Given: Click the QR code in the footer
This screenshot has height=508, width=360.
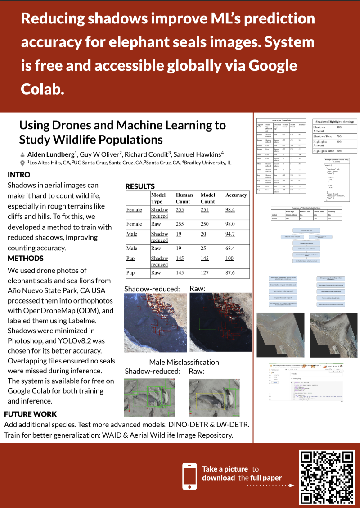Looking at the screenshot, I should pyautogui.click(x=327, y=477).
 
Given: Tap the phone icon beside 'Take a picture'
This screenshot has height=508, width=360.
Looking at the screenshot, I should pyautogui.click(x=189, y=476).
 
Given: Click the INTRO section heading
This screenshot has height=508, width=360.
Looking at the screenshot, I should pyautogui.click(x=19, y=175).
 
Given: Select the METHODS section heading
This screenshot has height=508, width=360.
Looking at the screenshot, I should pyautogui.click(x=26, y=259).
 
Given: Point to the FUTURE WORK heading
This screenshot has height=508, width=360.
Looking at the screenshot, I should pyautogui.click(x=30, y=414).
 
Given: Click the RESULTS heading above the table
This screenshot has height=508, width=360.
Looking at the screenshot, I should pyautogui.click(x=140, y=186).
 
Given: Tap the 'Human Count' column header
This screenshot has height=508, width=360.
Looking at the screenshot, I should pyautogui.click(x=184, y=198).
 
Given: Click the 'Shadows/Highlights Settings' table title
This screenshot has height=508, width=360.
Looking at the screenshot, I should pyautogui.click(x=334, y=122).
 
